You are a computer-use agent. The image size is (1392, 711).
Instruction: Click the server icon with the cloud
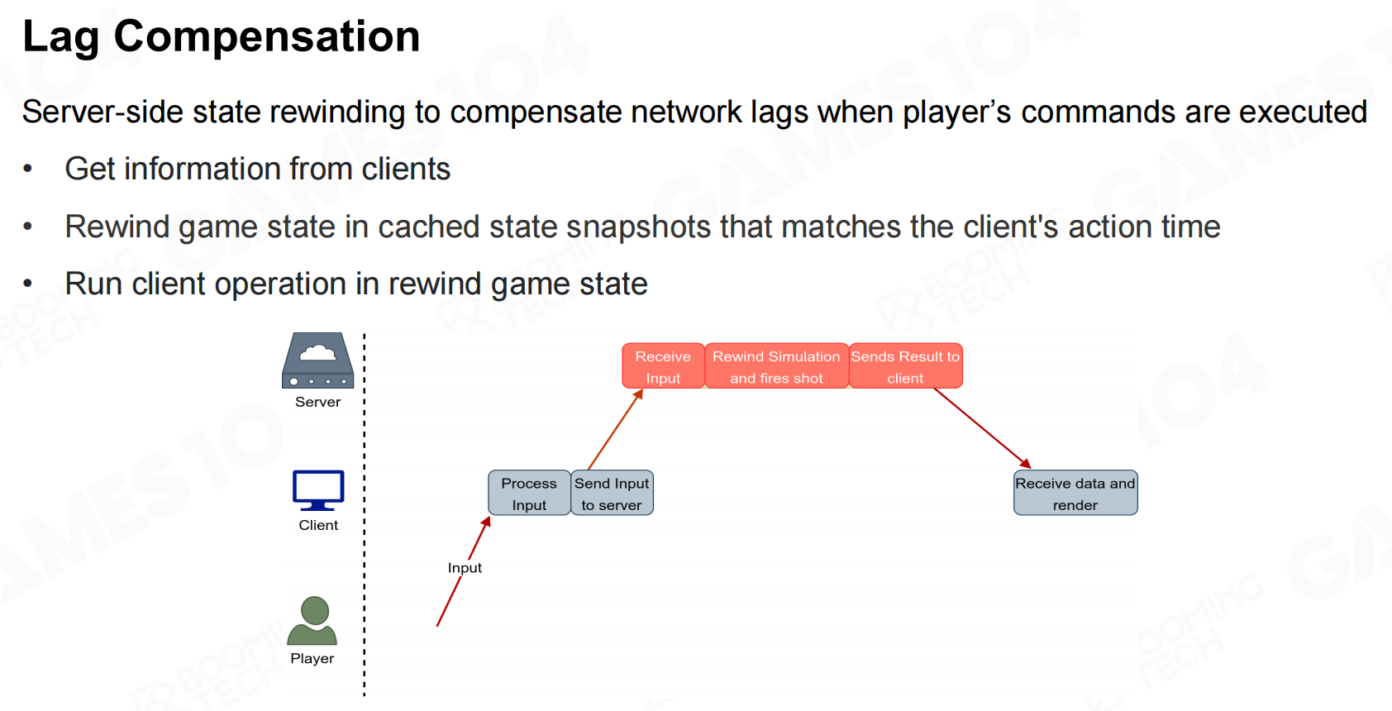[x=317, y=360]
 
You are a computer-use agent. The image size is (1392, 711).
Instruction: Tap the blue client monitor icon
[x=318, y=490]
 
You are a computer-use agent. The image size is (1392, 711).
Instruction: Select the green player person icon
[x=312, y=621]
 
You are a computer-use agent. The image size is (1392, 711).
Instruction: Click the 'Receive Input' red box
[x=663, y=366]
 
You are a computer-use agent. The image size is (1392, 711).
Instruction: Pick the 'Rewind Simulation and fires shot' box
[x=776, y=366]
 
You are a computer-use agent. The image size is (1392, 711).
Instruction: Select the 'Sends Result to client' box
[x=905, y=366]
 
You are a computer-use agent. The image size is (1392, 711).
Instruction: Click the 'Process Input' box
[x=529, y=494]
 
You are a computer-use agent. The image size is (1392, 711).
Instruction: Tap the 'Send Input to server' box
[x=612, y=494]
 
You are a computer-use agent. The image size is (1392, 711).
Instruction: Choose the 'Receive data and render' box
[x=1075, y=494]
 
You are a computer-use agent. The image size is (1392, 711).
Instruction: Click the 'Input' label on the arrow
[x=465, y=568]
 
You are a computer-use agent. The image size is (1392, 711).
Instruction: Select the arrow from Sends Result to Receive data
[x=982, y=428]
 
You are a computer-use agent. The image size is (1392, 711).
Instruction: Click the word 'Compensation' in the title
[x=267, y=37]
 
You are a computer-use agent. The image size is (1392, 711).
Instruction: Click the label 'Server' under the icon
[x=318, y=403]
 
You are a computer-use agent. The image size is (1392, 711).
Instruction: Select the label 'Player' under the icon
[x=312, y=659]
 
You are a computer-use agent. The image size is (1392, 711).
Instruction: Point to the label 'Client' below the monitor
[x=318, y=526]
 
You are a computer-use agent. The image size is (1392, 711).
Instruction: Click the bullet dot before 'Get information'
[x=28, y=169]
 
